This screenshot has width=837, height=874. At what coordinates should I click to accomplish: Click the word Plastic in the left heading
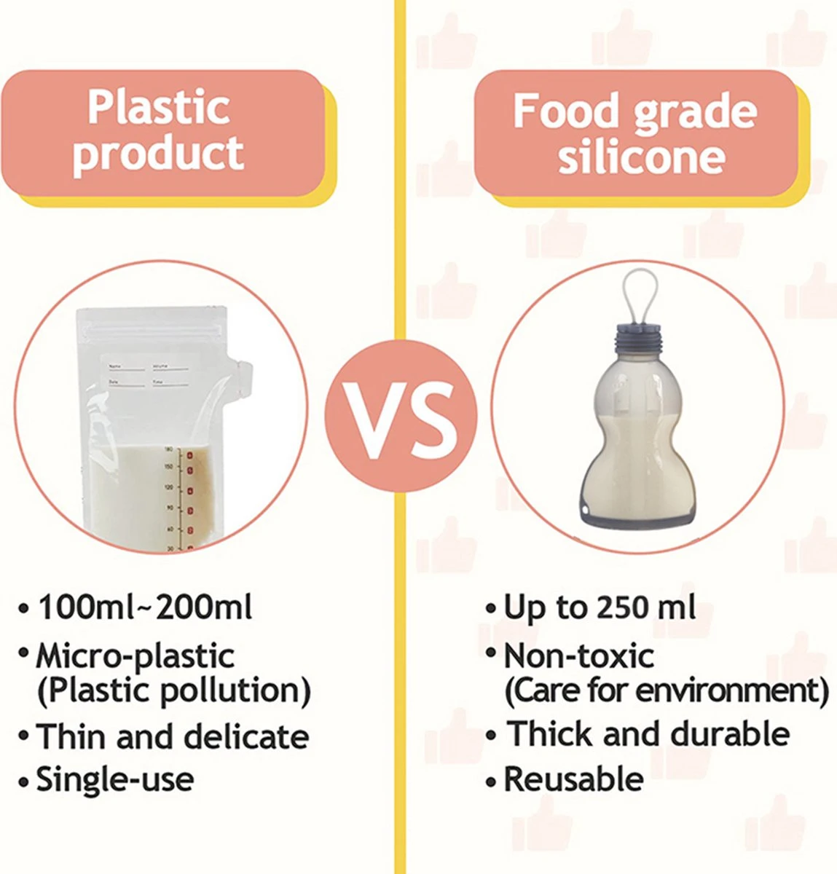click(159, 108)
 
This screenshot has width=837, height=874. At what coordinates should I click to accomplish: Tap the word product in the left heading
click(158, 154)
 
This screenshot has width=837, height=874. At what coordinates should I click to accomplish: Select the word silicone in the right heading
click(641, 156)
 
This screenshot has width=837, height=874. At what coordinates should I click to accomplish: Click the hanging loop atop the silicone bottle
click(639, 295)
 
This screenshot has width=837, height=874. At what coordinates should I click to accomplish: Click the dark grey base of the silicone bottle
click(637, 519)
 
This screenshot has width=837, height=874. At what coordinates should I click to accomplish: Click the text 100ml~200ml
click(145, 607)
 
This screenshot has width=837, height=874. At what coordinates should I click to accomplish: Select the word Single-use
click(115, 779)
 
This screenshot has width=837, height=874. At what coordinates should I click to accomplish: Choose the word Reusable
click(573, 779)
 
